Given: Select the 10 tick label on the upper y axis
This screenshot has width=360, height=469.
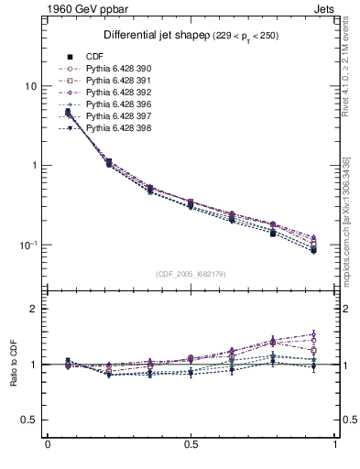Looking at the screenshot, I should pos(30,86).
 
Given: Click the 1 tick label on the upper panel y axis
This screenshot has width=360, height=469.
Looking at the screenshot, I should pos(33,166).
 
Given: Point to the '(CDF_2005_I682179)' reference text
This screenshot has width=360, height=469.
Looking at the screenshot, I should pos(191,274).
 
